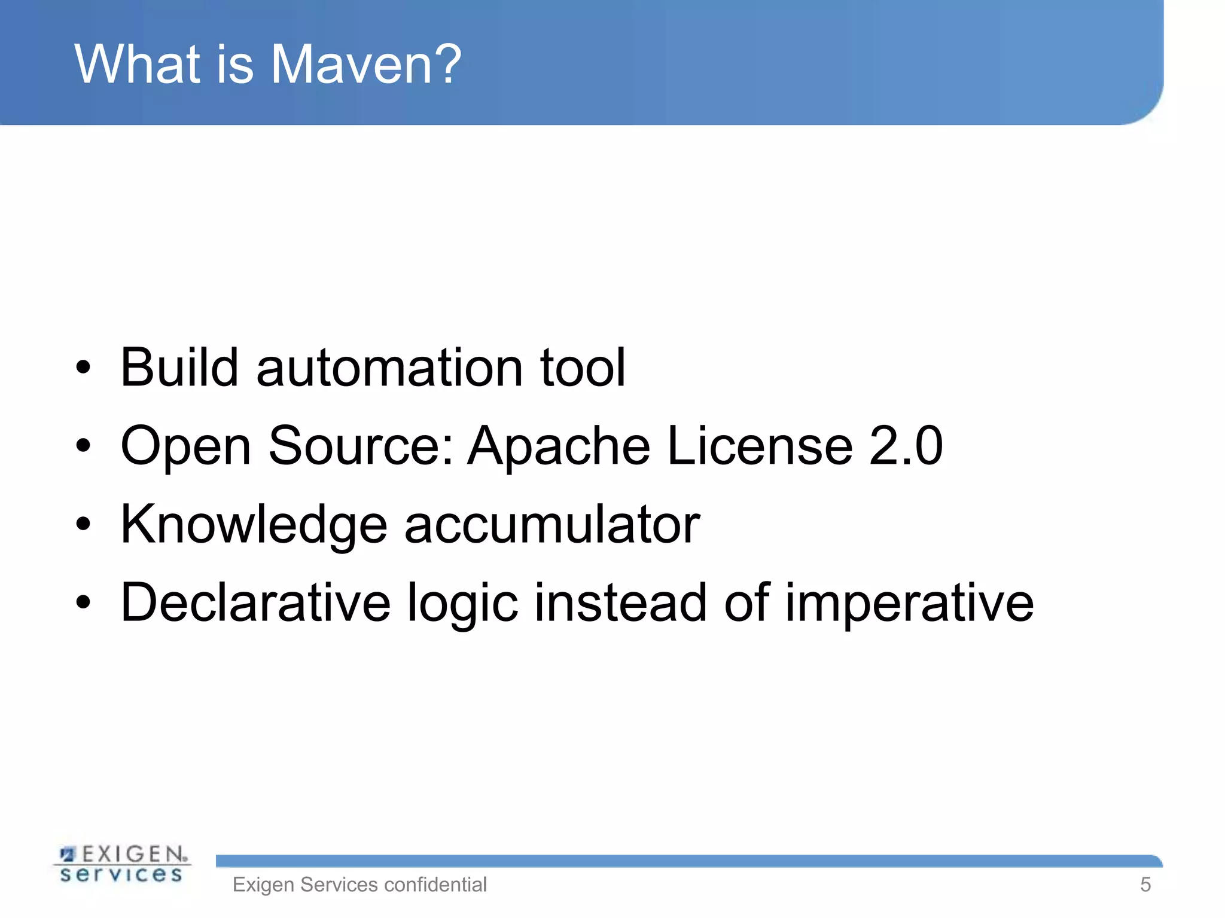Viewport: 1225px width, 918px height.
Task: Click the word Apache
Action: coord(559,446)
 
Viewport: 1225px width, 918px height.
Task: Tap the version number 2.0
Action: coord(906,446)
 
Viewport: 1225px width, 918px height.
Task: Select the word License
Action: coord(760,446)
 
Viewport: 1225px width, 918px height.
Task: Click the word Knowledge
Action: coord(254,525)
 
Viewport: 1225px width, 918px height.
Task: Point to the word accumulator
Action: coord(551,525)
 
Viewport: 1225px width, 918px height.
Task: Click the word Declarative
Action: coord(255,602)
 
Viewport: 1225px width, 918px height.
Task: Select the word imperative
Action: coord(909,604)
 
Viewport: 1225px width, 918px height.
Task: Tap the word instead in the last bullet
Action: coord(621,602)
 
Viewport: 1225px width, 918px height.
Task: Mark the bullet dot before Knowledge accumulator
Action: coord(83,525)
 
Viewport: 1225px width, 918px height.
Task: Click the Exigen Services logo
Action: coord(122,864)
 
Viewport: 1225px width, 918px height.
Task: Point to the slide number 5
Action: coord(1145,885)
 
